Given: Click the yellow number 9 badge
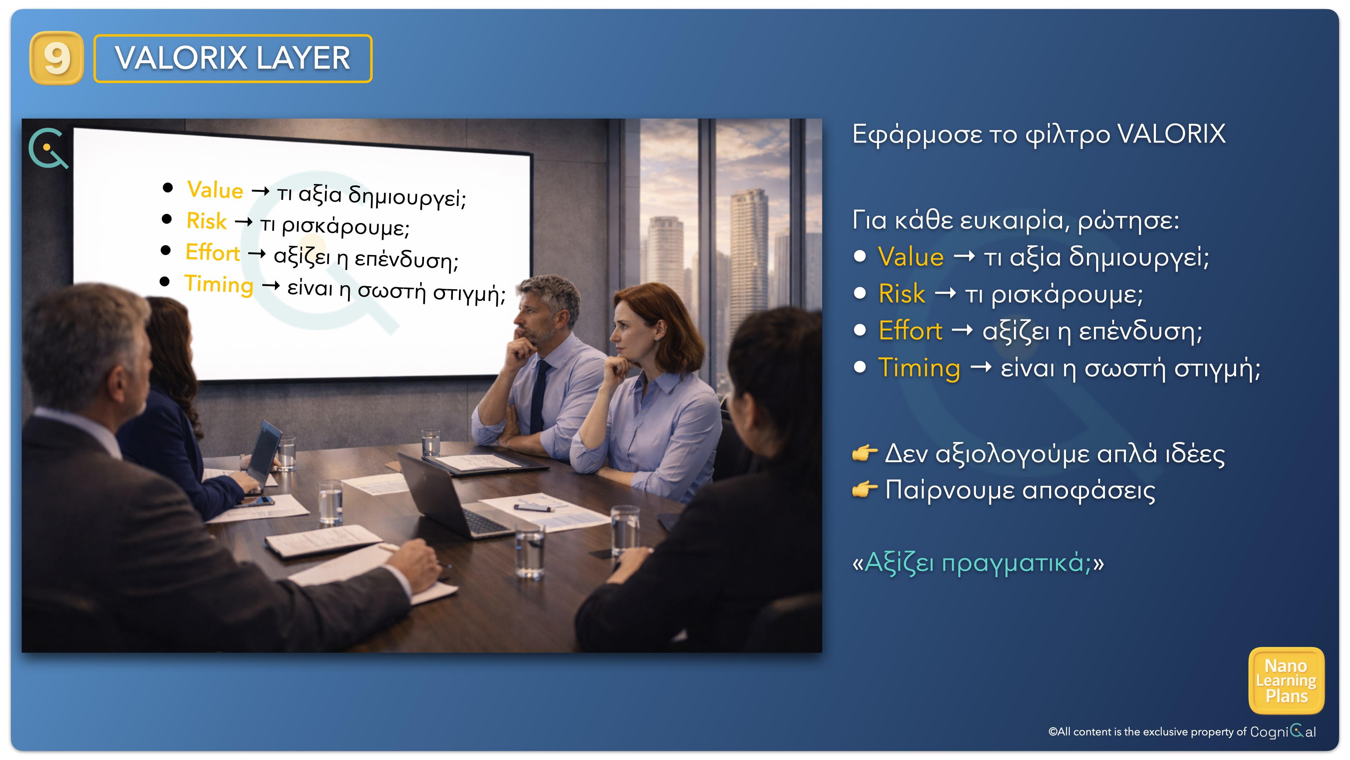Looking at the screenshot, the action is coord(57,58).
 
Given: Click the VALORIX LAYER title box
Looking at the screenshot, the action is coord(233,58).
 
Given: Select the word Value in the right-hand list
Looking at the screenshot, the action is coord(911,256).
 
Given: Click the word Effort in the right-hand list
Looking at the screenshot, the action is coord(910,330).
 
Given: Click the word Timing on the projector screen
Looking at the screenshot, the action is coord(219,284).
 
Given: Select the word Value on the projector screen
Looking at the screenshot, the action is coord(216,190).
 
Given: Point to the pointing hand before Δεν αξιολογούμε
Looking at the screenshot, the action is coord(865,452).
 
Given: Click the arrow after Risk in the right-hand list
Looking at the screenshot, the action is coord(945,294).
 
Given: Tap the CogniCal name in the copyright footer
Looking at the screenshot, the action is coord(1282,731).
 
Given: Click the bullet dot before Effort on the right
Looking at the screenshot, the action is coord(860,330).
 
